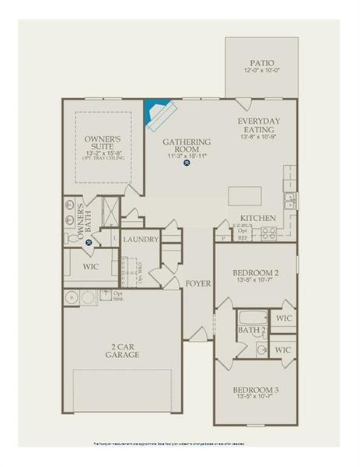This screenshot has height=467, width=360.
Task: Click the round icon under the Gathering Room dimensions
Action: pos(187,174)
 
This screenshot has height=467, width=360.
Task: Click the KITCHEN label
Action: pos(258,218)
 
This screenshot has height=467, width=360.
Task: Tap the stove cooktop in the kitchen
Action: pos(289,200)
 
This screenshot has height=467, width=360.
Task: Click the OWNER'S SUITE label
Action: pos(103,143)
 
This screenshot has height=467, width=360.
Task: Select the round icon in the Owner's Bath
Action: pos(89,242)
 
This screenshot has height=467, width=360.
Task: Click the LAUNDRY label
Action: pos(141,239)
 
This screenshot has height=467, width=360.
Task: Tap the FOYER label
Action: pos(198,283)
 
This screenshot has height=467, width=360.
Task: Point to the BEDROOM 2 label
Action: pos(255,272)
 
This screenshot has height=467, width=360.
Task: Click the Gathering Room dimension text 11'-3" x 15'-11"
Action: pos(187,156)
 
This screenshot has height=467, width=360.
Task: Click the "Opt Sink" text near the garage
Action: pos(118,296)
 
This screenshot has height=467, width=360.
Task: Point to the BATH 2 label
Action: pos(252,332)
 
